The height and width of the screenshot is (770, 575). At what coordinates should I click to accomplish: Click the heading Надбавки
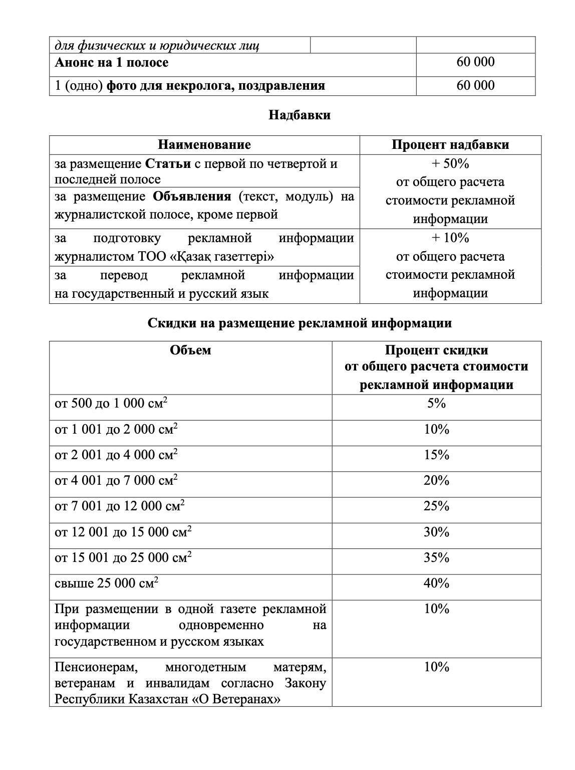[300, 115]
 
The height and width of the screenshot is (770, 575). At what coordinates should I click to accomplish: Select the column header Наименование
[204, 145]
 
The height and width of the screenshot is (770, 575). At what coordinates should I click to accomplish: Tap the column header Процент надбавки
[450, 145]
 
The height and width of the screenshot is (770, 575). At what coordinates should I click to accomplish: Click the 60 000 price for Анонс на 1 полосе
[475, 62]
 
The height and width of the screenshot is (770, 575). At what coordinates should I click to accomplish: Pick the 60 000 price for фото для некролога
[475, 85]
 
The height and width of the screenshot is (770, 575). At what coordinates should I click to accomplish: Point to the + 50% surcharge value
[450, 164]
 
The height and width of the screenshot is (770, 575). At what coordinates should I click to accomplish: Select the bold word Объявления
[192, 197]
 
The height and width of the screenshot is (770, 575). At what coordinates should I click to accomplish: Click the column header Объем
[190, 350]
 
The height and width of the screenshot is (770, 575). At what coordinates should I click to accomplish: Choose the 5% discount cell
[436, 404]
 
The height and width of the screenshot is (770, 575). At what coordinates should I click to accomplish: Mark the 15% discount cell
[436, 455]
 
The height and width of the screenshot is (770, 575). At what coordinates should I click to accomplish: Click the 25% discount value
[436, 506]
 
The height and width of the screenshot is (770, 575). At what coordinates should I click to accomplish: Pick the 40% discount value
[436, 584]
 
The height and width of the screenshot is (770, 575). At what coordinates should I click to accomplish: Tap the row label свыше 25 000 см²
[107, 584]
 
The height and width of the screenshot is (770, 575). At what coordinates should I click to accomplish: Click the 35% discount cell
[436, 558]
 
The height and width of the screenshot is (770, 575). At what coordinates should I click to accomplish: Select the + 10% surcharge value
[450, 238]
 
